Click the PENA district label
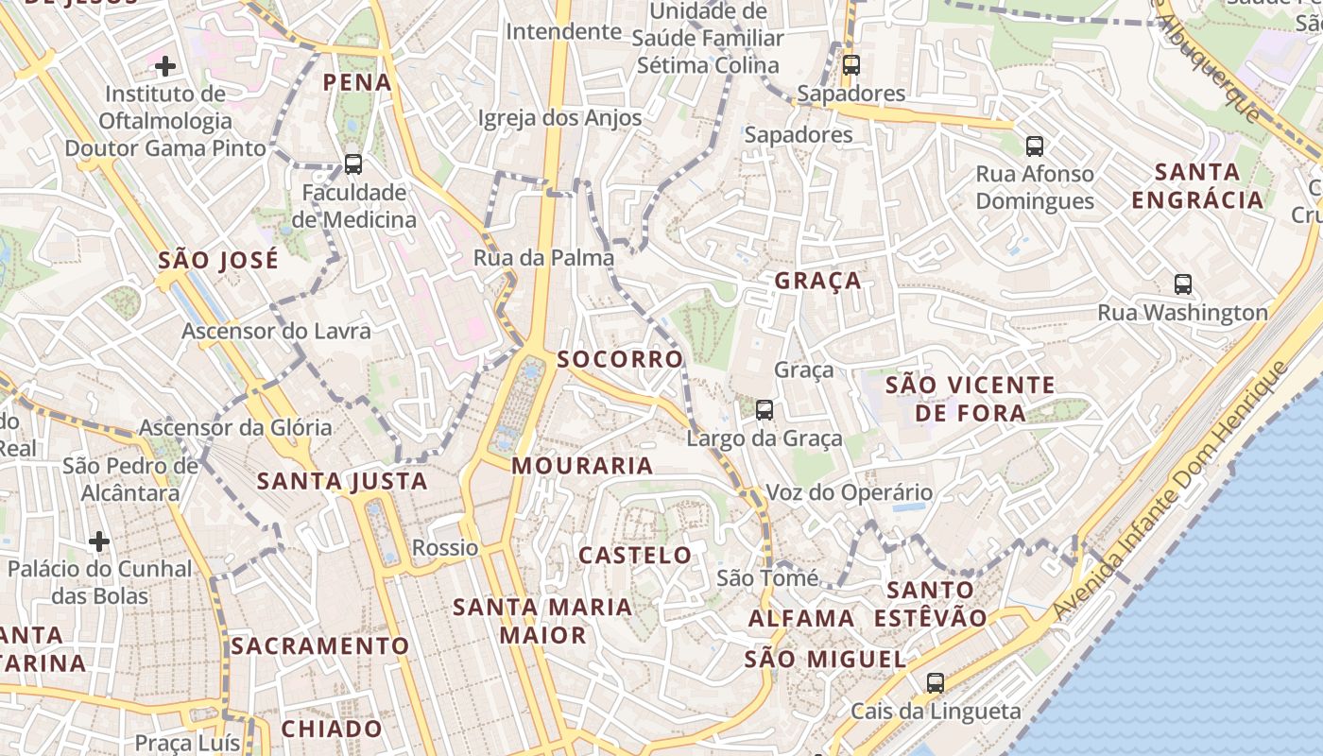point(357,82)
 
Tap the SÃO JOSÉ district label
point(218,260)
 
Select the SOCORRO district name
point(620,359)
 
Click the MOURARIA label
point(582,466)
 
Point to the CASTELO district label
point(635,556)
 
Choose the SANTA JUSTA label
point(342,482)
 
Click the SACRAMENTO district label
point(320,646)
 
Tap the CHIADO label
point(332,730)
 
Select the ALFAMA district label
point(801,619)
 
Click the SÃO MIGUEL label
point(825,660)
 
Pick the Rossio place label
point(445,548)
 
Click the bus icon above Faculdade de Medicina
point(353,164)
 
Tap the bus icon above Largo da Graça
point(765,410)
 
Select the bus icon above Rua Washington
point(1182,283)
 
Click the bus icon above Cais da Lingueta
point(936,682)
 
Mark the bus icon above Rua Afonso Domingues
point(1035,146)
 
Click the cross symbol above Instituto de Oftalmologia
point(165,66)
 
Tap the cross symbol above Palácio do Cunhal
point(99,541)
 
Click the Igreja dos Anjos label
point(560,118)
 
